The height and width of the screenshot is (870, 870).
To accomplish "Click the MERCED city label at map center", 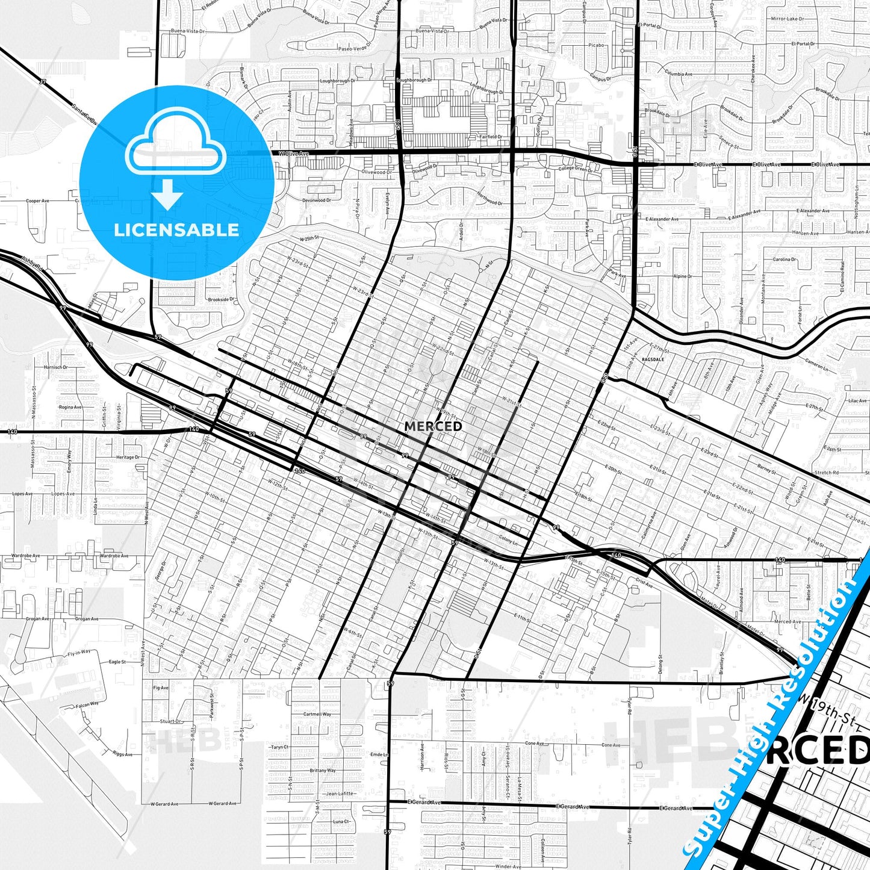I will pos(433,426).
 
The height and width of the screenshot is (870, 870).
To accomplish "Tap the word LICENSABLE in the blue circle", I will pos(176,230).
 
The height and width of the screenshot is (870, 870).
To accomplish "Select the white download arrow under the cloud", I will pos(167,194).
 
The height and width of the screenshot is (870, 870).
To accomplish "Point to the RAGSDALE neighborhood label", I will pos(653,359).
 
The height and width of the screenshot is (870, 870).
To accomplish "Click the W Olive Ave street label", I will pos(293,154).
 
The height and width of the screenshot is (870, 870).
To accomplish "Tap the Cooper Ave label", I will pos(37,201).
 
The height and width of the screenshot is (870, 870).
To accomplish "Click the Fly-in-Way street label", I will pos(79,652).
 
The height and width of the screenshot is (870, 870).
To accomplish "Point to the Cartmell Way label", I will pos(317,714).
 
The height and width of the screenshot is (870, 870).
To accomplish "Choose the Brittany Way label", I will pos(323,771).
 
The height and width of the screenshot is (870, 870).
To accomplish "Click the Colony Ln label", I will pos(508,541).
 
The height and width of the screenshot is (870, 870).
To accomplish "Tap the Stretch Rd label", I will pos(826,473).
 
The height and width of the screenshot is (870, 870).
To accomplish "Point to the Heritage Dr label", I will pos(128,458).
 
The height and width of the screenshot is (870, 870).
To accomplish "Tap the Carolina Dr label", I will pos(784,259).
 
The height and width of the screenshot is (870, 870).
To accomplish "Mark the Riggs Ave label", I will pos(123,754).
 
